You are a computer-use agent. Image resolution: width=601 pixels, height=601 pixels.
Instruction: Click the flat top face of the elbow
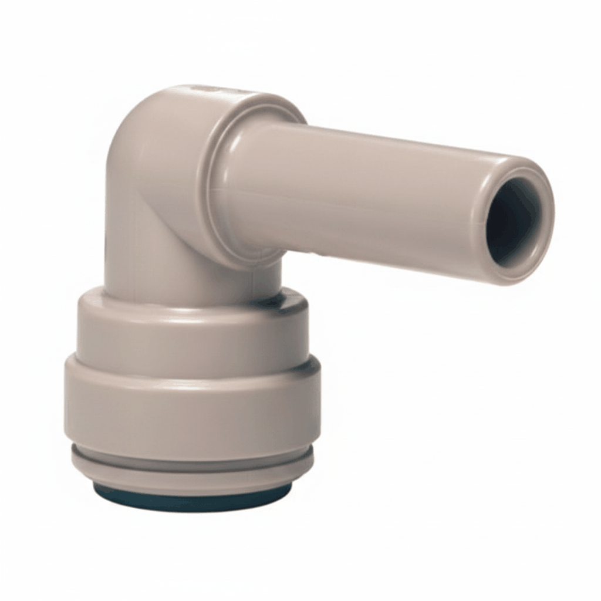pos(229,94)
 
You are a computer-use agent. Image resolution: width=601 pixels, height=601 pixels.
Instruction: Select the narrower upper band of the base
pos(194,329)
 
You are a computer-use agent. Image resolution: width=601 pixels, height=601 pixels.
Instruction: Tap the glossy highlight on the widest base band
pos(176,384)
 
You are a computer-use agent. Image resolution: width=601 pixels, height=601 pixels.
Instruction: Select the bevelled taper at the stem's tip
pos(496,170)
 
